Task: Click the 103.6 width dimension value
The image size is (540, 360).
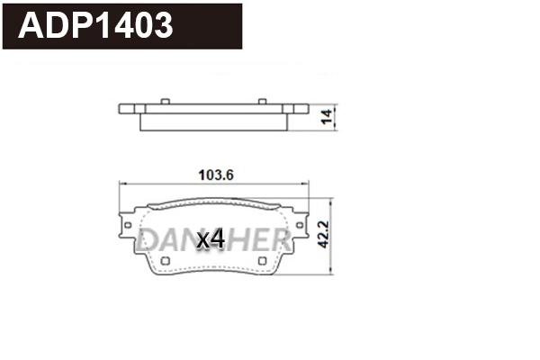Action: tap(215, 175)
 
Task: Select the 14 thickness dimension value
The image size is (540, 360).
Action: tap(328, 115)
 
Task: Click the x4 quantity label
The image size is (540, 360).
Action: tap(210, 238)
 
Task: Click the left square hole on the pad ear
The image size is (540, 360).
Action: tap(129, 224)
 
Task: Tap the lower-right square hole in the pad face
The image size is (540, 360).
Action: tap(262, 262)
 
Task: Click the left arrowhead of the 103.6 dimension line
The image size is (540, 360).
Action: tap(124, 184)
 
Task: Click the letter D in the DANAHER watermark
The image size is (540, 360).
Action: tap(149, 238)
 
